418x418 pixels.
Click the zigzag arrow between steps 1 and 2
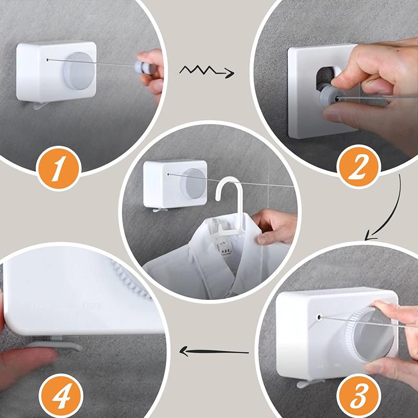click(206, 72)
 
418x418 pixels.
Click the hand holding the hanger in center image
click(274, 227)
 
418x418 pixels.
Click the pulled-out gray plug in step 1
click(140, 67)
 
